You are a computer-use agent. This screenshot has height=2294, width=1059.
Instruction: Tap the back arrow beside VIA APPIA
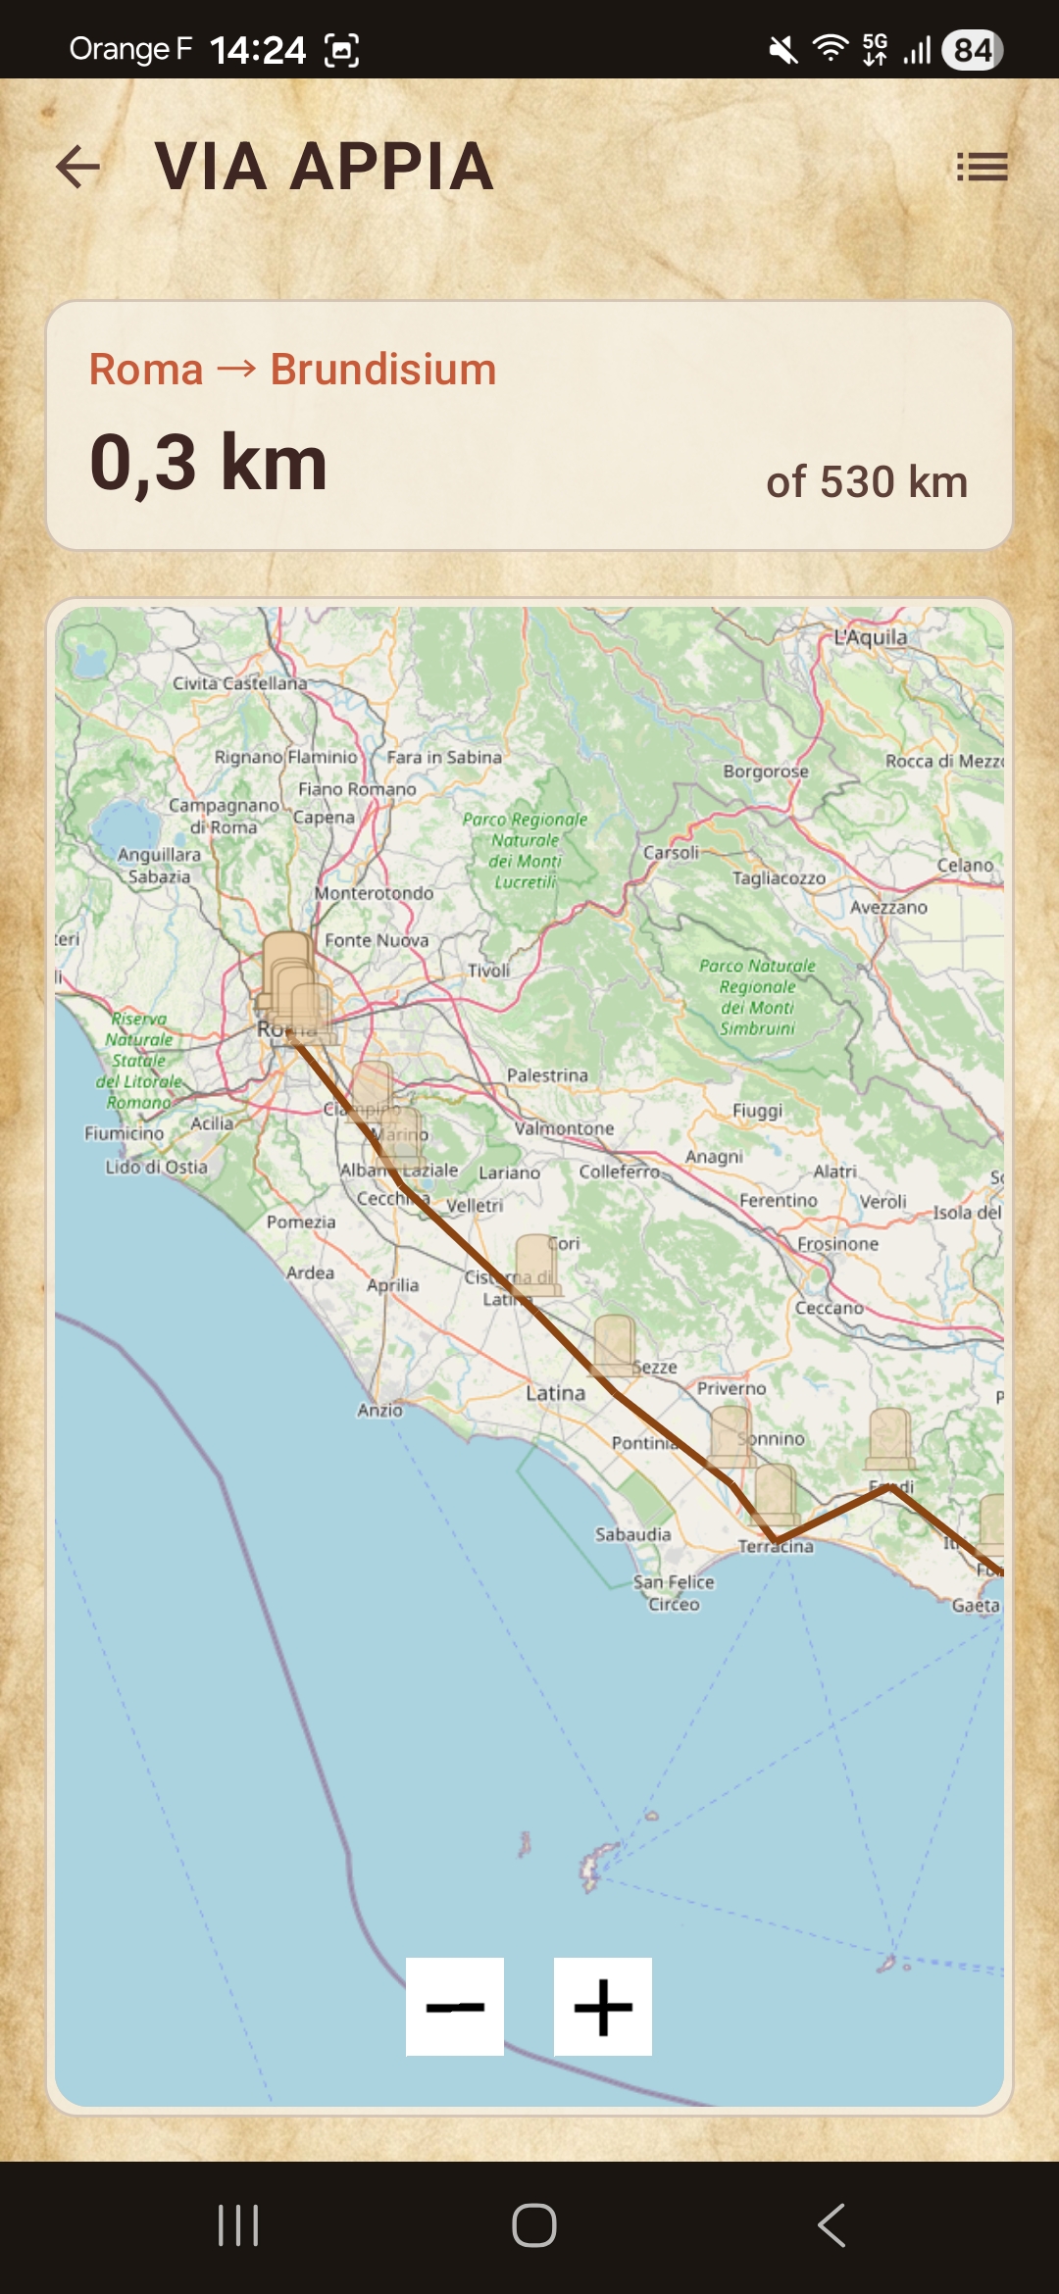tap(78, 167)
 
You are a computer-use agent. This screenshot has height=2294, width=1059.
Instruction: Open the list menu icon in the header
tap(982, 167)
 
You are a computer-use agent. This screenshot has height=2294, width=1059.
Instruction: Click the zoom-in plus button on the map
tap(602, 2007)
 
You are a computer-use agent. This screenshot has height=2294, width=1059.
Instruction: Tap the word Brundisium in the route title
tap(383, 370)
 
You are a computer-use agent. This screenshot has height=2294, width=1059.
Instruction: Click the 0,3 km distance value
tap(209, 463)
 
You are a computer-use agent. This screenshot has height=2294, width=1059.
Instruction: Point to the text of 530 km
tap(867, 482)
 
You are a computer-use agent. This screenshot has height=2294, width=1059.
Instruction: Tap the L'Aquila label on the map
tap(871, 637)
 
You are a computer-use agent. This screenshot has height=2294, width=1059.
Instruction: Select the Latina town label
tap(555, 1393)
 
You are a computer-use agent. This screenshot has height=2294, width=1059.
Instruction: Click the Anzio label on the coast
tap(379, 1410)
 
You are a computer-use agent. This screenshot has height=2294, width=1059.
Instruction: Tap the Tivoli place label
tap(488, 971)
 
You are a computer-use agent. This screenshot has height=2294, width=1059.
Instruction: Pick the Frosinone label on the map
tap(837, 1243)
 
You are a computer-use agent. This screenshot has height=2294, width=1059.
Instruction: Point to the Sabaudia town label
tap(632, 1534)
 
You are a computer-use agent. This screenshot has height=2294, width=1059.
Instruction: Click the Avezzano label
tap(888, 908)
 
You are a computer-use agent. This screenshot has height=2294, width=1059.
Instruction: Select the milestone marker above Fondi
tap(890, 1439)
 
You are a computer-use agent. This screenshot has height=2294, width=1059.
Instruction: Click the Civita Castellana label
tap(239, 683)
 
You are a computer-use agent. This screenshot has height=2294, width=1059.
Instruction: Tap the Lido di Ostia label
tap(157, 1167)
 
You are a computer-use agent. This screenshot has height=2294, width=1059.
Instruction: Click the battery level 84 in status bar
tap(972, 50)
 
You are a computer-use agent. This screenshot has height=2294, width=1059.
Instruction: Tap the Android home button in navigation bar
tap(533, 2225)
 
